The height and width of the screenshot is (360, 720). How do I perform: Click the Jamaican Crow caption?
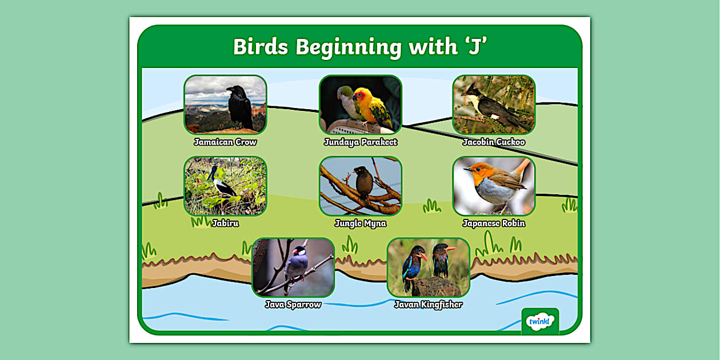coord(225,142)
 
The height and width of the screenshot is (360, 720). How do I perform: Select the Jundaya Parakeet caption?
coord(360,142)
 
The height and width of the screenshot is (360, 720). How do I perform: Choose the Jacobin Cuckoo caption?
coord(494,142)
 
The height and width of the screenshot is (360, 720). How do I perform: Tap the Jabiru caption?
coord(225,223)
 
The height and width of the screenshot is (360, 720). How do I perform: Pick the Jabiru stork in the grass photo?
coord(221,183)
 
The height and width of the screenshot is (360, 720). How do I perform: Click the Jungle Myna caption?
coord(360,223)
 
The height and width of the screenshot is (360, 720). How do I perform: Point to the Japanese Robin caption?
coord(494,223)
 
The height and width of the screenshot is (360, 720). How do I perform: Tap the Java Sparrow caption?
coord(293,305)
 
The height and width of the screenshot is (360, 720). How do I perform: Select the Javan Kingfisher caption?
coord(428,305)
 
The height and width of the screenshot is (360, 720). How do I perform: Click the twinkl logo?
coord(540,321)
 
